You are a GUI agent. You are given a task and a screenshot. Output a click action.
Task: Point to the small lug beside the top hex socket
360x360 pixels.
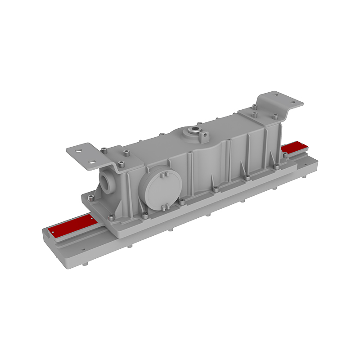point(205,134)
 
